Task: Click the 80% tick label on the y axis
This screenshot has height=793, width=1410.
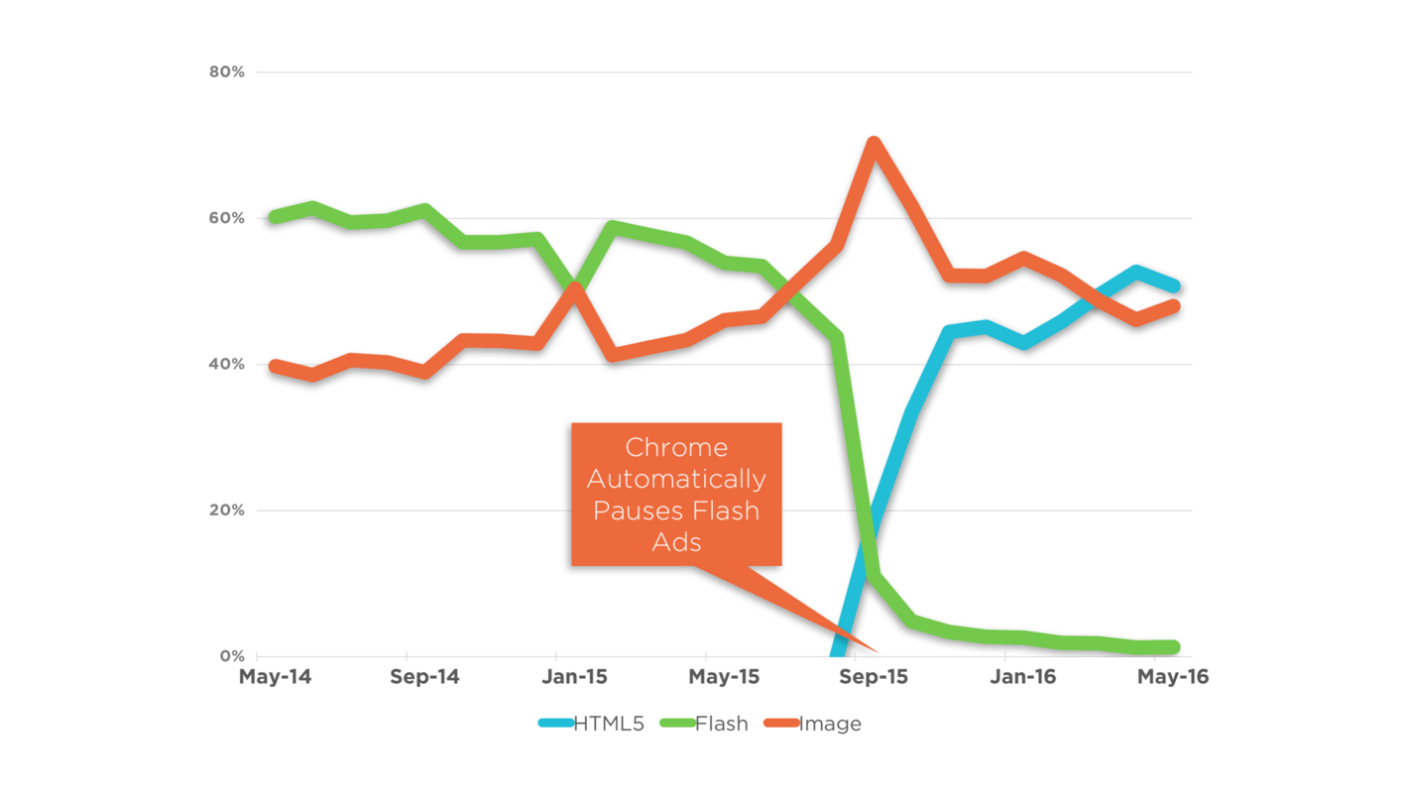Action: click(x=226, y=72)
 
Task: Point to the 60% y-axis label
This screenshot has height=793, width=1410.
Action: click(x=226, y=218)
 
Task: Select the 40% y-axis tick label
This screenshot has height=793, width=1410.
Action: click(x=226, y=364)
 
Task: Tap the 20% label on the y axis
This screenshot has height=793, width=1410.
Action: click(x=226, y=510)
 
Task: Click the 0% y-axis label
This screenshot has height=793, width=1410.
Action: click(x=231, y=656)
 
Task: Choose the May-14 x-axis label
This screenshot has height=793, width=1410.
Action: click(x=275, y=678)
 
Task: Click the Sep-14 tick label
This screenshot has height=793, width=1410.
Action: click(x=424, y=678)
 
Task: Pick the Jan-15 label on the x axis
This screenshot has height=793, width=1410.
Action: click(x=574, y=678)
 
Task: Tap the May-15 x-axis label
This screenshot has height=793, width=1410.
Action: click(x=724, y=678)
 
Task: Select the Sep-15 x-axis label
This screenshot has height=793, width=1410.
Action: click(x=874, y=678)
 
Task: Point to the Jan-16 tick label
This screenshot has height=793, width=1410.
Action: click(x=1023, y=678)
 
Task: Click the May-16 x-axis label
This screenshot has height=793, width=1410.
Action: click(x=1173, y=678)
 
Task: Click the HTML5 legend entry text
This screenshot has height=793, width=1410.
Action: click(x=609, y=724)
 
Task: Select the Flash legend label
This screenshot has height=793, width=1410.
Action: click(x=722, y=724)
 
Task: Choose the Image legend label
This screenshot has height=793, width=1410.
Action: click(x=830, y=724)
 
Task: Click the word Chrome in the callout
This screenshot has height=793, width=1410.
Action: click(x=676, y=448)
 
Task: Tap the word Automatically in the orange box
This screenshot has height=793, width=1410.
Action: click(x=676, y=480)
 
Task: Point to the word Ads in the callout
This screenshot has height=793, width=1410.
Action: click(x=676, y=542)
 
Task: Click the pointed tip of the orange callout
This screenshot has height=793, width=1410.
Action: click(x=878, y=651)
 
